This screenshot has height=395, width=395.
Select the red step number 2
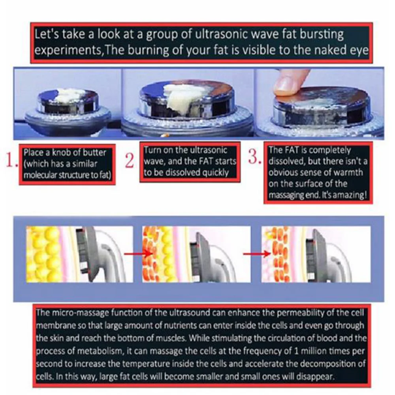click(129, 160)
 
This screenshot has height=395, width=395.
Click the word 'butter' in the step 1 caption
click(94, 152)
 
